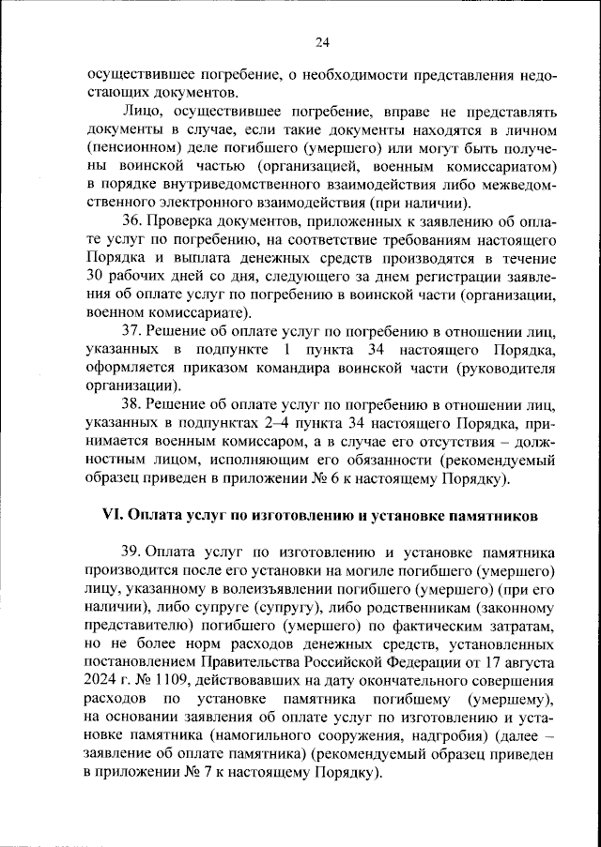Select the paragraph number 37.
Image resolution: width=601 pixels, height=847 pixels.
(131, 331)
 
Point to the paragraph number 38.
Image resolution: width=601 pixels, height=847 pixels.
(131, 405)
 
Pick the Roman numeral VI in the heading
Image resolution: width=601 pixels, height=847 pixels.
(113, 517)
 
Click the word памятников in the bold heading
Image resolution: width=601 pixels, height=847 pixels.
(486, 517)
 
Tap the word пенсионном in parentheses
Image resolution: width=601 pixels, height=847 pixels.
(134, 149)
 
